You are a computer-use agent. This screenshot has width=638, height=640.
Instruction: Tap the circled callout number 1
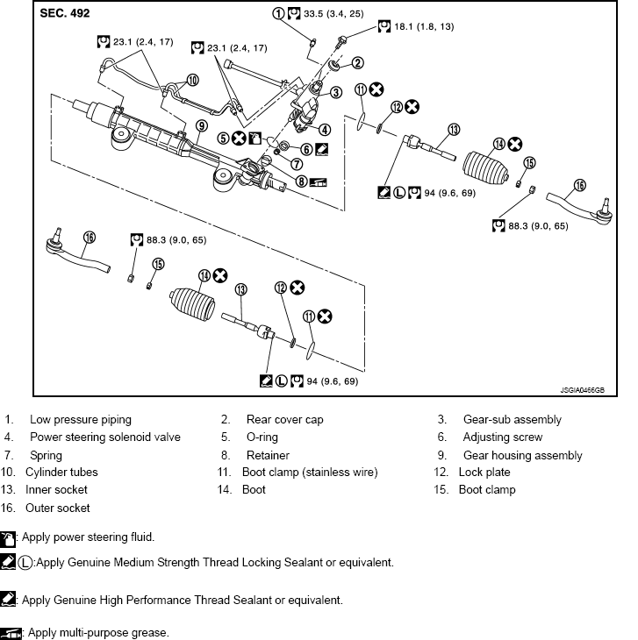click(278, 13)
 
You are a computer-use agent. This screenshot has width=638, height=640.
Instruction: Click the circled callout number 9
click(201, 126)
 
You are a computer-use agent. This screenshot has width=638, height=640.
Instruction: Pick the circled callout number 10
click(192, 79)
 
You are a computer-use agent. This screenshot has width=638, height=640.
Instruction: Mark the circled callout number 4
click(325, 128)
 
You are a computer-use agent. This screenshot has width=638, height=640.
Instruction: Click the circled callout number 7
click(297, 163)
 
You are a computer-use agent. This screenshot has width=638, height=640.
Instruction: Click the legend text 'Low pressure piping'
click(81, 420)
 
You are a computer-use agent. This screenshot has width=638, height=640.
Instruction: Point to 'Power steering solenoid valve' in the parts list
click(105, 437)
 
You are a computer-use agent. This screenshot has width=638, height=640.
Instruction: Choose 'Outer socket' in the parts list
click(58, 508)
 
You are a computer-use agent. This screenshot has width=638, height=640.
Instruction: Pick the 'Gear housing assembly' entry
click(523, 455)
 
